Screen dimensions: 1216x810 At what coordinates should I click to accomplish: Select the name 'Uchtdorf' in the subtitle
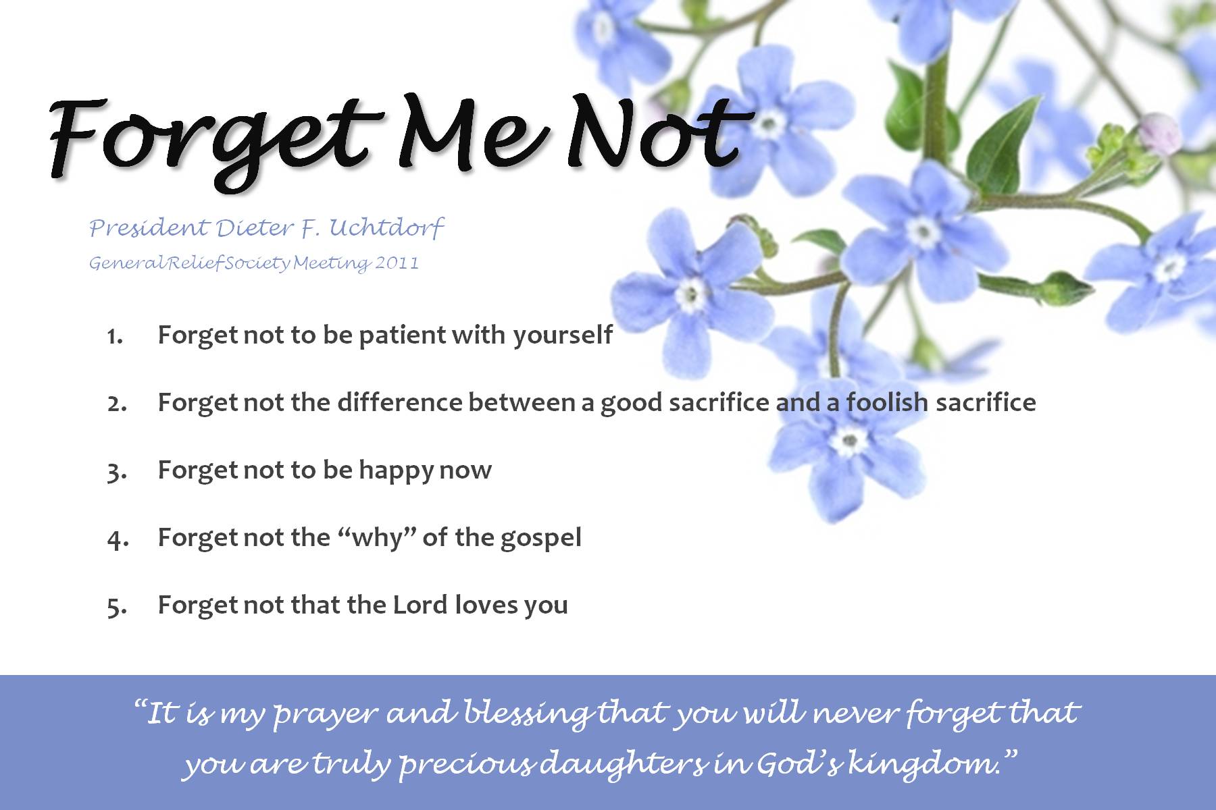tap(386, 227)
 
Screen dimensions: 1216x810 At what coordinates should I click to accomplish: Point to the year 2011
tap(397, 262)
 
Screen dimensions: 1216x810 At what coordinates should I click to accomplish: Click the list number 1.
tap(115, 336)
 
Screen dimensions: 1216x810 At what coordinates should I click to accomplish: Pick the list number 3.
tap(116, 472)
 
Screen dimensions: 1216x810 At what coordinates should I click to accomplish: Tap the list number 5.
tap(116, 607)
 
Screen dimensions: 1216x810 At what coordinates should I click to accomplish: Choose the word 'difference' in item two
tap(399, 402)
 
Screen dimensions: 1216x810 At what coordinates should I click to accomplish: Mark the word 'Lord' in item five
tap(420, 604)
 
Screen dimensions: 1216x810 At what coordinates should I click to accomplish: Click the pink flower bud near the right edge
tap(1159, 132)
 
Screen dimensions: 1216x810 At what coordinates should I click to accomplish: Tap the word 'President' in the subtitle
tap(149, 227)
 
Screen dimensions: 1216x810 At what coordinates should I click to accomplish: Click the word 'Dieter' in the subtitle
tap(255, 227)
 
